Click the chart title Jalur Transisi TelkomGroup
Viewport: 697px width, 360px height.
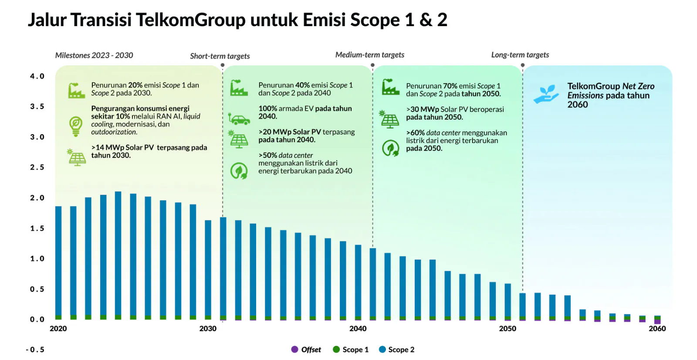click(x=237, y=20)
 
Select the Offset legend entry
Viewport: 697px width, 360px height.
click(x=306, y=350)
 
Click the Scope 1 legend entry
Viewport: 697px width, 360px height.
click(x=351, y=350)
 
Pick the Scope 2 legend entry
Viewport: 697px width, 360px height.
click(x=397, y=350)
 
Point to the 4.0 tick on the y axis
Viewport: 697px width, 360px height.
click(x=37, y=76)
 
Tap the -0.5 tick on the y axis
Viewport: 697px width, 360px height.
click(x=35, y=350)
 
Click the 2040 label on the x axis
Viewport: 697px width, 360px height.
click(x=358, y=329)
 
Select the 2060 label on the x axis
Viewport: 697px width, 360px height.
click(x=657, y=329)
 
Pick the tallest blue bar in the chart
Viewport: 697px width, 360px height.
click(x=118, y=253)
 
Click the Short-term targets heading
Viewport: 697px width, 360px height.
click(x=220, y=56)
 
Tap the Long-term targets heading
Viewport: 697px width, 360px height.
click(x=520, y=55)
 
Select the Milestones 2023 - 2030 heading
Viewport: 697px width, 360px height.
click(x=94, y=55)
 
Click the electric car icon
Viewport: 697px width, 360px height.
click(x=239, y=119)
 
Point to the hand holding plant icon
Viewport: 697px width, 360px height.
click(x=546, y=94)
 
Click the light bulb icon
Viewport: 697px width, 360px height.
click(x=76, y=126)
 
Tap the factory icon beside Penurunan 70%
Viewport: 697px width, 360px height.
click(x=390, y=87)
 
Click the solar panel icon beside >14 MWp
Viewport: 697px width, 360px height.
click(x=77, y=157)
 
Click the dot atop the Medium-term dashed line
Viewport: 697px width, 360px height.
click(x=372, y=65)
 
